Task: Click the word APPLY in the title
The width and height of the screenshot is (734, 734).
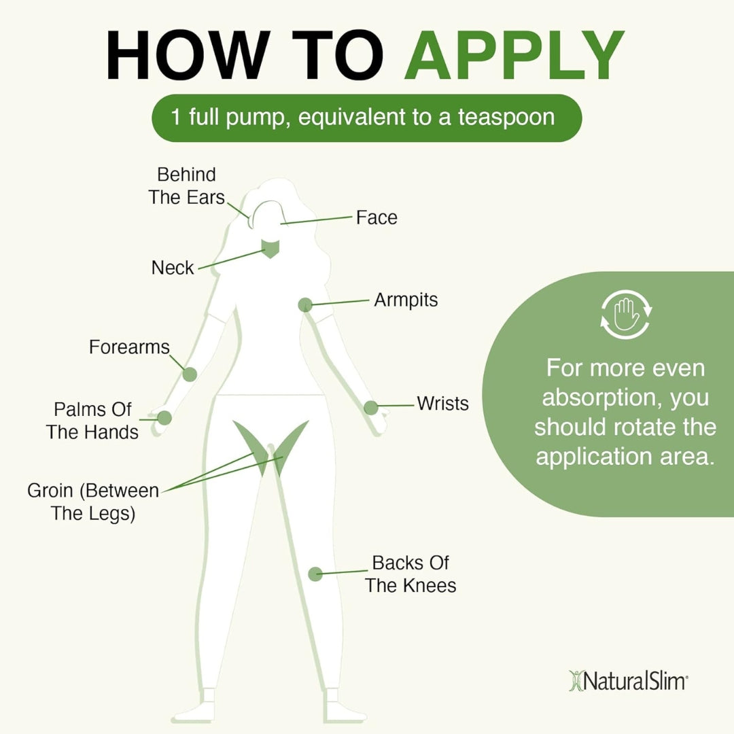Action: pyautogui.click(x=514, y=56)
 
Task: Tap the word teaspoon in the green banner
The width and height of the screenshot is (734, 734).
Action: pyautogui.click(x=506, y=117)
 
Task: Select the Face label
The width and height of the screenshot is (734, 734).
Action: pyautogui.click(x=377, y=217)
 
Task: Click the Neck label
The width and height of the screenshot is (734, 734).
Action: pyautogui.click(x=173, y=268)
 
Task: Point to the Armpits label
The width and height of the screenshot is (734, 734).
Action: pyautogui.click(x=406, y=300)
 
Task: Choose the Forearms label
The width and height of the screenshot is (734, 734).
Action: pyautogui.click(x=129, y=347)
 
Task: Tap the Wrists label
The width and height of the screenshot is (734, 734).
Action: pyautogui.click(x=442, y=403)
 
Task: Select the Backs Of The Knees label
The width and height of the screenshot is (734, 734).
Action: pyautogui.click(x=410, y=574)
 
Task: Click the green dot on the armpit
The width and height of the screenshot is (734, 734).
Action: pyautogui.click(x=305, y=305)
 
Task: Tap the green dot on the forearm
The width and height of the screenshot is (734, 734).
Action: pyautogui.click(x=190, y=374)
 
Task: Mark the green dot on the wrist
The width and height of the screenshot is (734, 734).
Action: pyautogui.click(x=370, y=408)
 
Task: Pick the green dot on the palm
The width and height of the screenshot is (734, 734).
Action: pyautogui.click(x=164, y=418)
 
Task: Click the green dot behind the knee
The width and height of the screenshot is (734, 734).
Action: pyautogui.click(x=315, y=574)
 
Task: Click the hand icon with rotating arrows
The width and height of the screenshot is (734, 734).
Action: pyautogui.click(x=625, y=315)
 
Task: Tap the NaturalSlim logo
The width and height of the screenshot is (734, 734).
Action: pyautogui.click(x=627, y=680)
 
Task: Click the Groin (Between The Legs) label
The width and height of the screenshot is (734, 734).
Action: pyautogui.click(x=93, y=502)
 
